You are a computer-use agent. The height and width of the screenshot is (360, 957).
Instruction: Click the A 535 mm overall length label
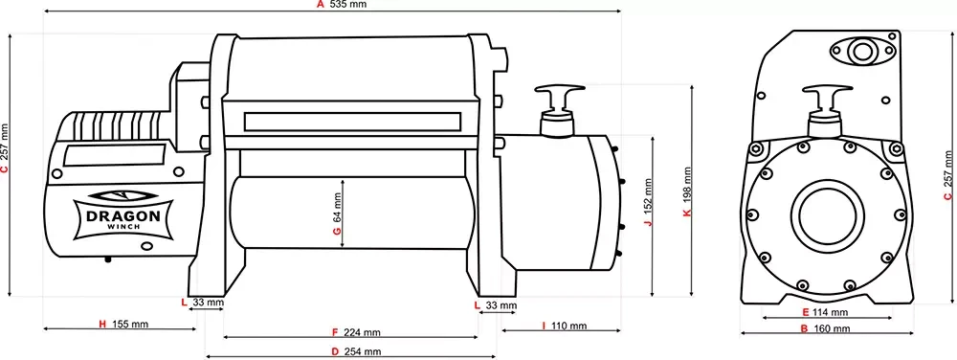click(342, 5)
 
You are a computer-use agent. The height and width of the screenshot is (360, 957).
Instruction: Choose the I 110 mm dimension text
click(564, 326)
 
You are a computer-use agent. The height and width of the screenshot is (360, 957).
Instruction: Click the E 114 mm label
click(825, 312)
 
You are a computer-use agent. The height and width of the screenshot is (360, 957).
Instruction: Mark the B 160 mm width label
click(825, 328)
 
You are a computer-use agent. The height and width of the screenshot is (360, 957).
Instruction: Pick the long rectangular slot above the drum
click(353, 123)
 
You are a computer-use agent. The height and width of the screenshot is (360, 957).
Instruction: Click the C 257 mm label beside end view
click(947, 180)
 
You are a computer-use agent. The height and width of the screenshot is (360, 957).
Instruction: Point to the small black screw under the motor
click(108, 259)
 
